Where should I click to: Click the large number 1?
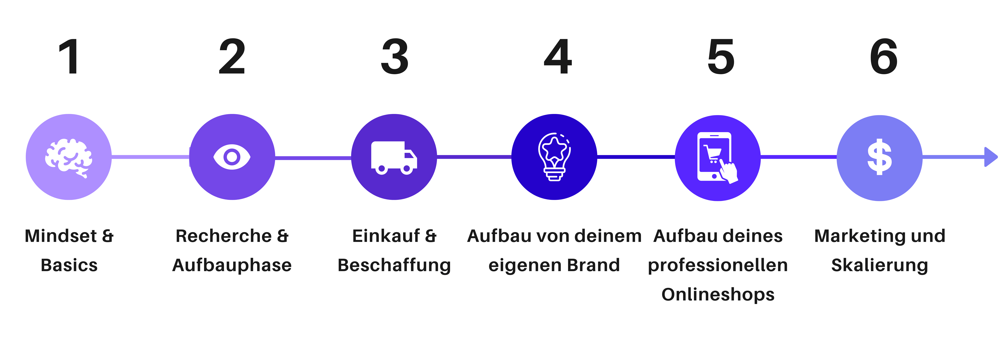coord(69,57)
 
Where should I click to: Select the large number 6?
coord(884,57)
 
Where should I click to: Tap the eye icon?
coord(232,157)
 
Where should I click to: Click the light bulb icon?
coord(554,157)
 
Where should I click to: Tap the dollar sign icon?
coord(879,157)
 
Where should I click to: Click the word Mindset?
coord(61,236)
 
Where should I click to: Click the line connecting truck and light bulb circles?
coord(474,157)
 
